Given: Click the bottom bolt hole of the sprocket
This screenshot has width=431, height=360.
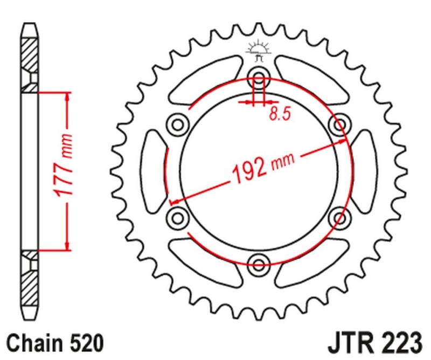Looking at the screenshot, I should coord(259,264).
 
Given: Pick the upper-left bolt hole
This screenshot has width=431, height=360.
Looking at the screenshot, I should coord(177,124).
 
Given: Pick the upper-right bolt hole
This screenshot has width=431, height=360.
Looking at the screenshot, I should coord(339,125).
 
